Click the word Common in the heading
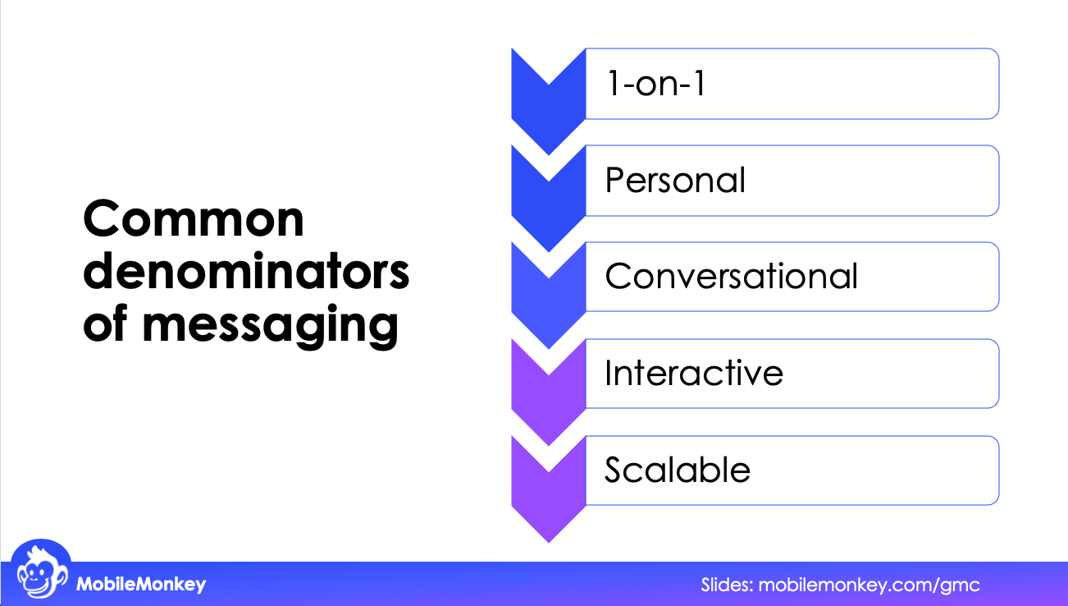pos(194,219)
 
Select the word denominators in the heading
pos(246,273)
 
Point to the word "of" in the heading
pos(106,325)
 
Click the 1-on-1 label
pos(655,85)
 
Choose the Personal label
pos(675,181)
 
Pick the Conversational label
pos(731,277)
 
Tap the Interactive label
pos(694,374)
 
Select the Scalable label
pos(678,470)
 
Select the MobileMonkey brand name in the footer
pos(141,585)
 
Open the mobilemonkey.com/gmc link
pos(869,585)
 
